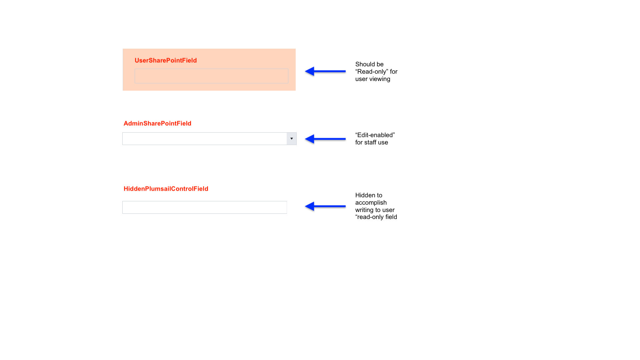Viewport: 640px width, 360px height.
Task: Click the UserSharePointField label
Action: tap(166, 60)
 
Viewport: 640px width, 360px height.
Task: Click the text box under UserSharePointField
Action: tap(211, 76)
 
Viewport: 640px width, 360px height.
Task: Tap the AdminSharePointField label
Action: tap(157, 123)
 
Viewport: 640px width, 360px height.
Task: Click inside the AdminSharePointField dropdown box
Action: tap(204, 139)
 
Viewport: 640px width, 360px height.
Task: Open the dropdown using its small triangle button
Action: tap(292, 139)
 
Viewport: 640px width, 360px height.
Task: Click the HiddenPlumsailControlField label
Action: tap(166, 189)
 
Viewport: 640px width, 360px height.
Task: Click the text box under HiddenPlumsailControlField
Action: tap(204, 207)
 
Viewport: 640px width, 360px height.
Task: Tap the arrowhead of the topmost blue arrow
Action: tap(310, 71)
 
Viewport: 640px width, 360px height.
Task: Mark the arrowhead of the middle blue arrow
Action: tap(310, 139)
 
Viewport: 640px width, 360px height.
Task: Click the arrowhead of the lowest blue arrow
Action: tap(310, 206)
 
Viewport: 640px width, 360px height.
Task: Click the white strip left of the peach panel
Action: tap(121, 70)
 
